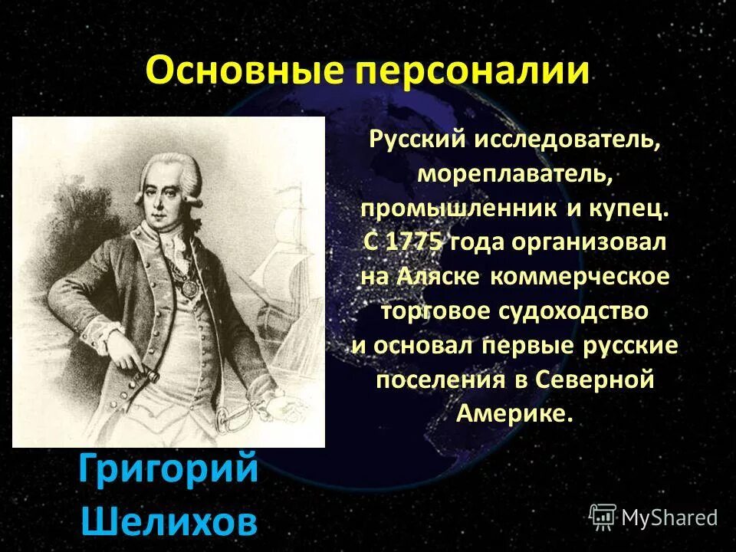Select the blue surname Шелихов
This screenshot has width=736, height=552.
click(x=169, y=521)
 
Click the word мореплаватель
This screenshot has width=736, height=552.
click(x=514, y=174)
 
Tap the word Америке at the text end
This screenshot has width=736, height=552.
click(x=514, y=415)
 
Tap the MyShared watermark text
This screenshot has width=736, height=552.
click(x=669, y=517)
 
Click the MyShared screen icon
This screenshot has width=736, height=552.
click(x=603, y=517)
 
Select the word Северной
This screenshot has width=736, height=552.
click(x=595, y=380)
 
